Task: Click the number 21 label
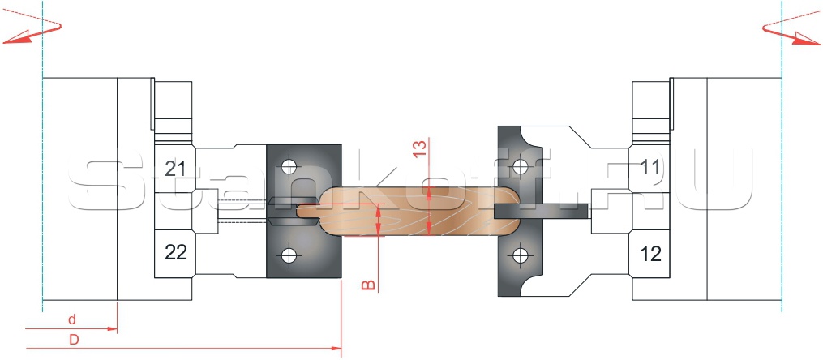(175, 169)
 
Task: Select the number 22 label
(176, 253)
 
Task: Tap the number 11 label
(650, 168)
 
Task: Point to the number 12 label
(651, 254)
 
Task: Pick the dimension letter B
(370, 285)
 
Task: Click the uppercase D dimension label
(74, 340)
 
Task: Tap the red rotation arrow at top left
(32, 32)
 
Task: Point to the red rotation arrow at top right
(791, 32)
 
